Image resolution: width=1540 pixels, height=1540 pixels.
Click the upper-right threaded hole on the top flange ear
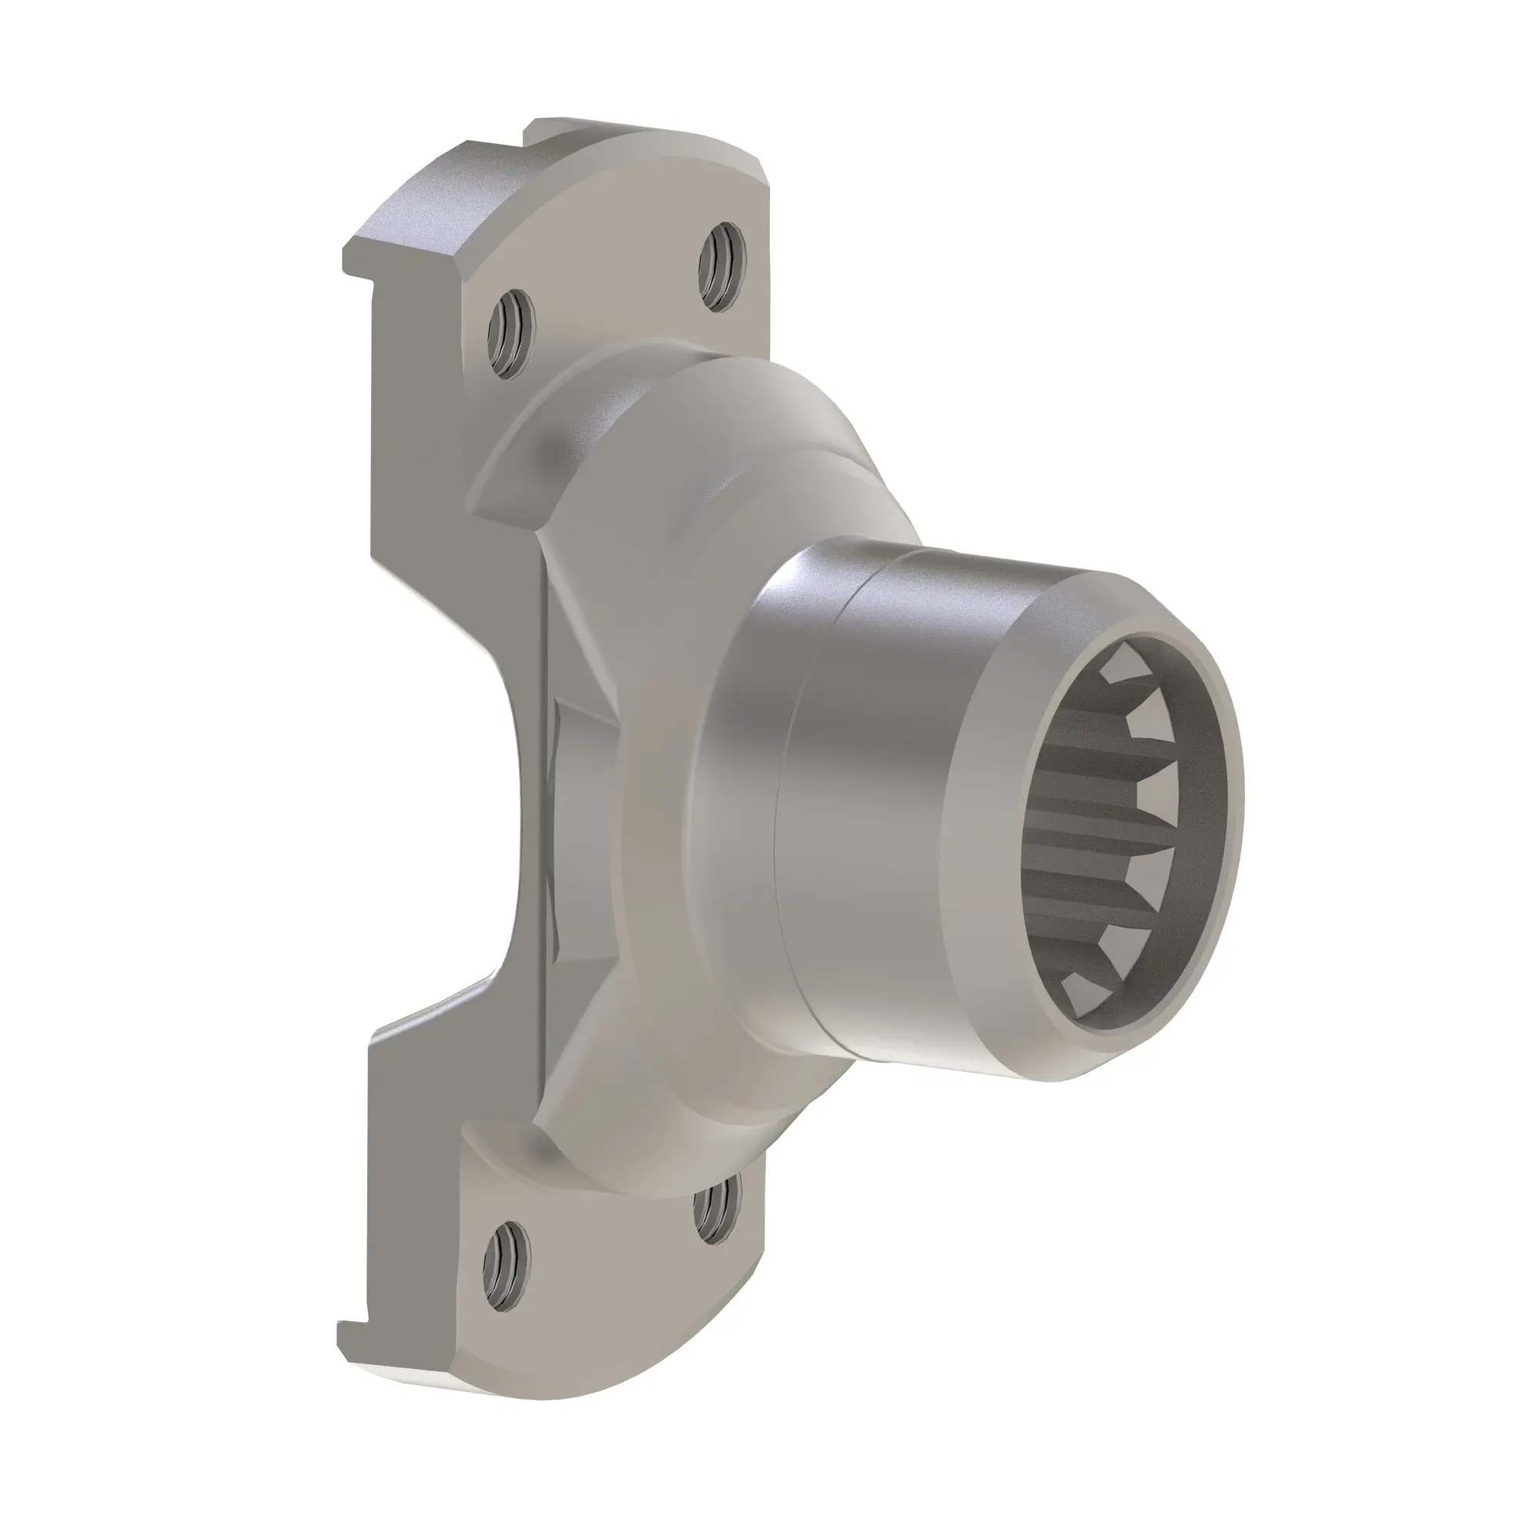[x=721, y=267]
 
